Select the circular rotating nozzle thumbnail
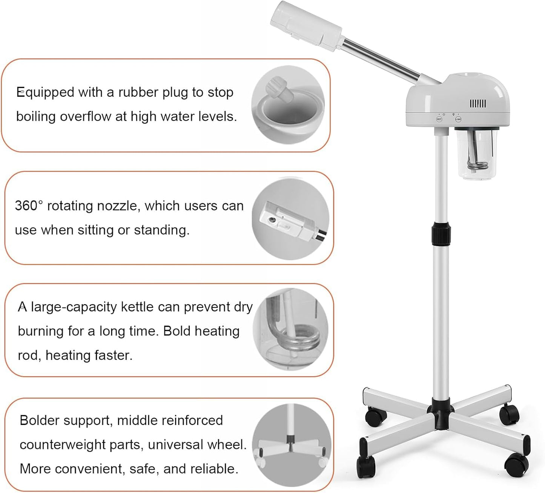[x=290, y=219]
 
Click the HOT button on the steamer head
[x=439, y=119]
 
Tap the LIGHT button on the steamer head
[x=458, y=119]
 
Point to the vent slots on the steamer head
[x=477, y=104]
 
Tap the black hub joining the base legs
[x=441, y=416]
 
